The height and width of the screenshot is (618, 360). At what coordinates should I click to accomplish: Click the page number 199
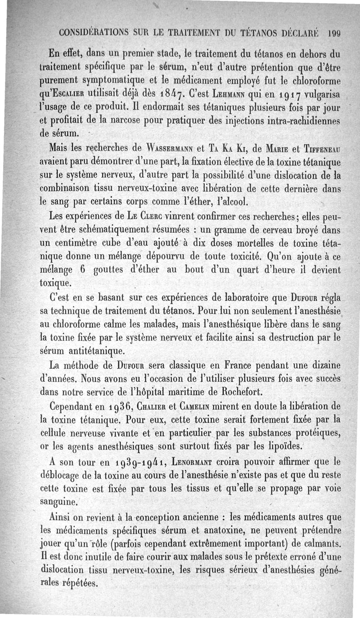point(336,32)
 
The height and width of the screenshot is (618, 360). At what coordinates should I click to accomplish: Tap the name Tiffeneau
point(321,149)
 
